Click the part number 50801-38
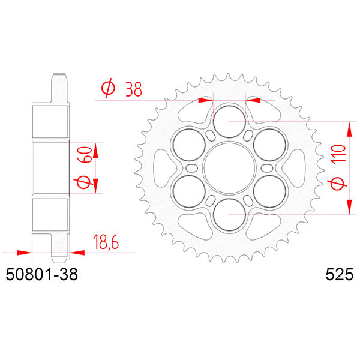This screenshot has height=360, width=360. [41, 276]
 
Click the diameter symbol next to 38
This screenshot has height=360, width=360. [109, 89]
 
